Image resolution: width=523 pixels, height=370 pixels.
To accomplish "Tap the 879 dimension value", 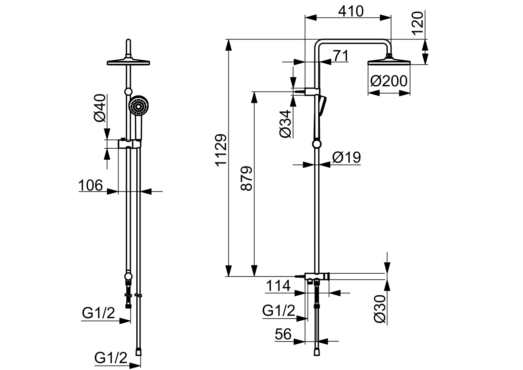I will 247,178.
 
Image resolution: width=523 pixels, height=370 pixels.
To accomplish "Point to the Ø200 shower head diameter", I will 389,82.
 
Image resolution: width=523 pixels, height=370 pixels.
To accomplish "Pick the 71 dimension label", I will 340,56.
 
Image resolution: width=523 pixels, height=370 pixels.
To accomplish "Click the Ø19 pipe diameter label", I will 346,157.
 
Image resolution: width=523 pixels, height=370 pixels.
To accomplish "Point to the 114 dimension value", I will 278,285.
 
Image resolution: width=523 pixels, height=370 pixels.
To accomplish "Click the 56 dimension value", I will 283,334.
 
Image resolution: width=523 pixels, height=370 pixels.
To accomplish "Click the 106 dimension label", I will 90,185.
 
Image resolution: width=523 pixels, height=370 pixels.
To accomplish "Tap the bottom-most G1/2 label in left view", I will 111,358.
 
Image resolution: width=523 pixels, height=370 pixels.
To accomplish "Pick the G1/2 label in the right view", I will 278,311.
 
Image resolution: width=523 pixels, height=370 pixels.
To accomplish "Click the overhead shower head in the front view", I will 128,62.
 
